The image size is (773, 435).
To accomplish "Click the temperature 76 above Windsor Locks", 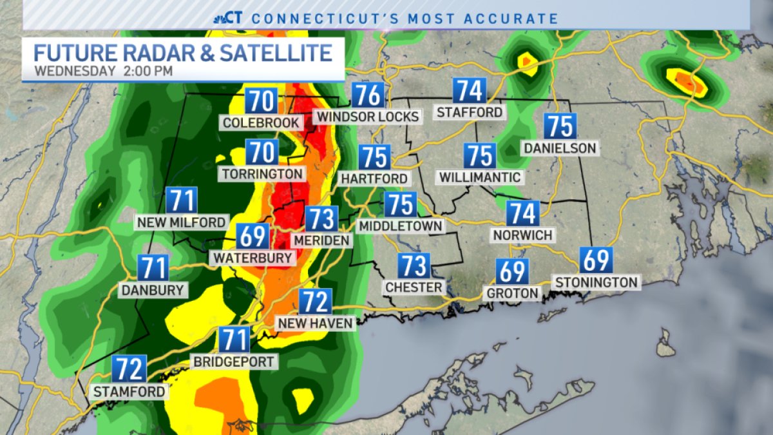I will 368,96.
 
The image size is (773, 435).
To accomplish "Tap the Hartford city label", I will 374,178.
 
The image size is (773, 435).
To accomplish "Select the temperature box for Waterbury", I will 253,237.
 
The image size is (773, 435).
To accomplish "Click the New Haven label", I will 315,322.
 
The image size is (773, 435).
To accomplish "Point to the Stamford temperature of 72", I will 128,369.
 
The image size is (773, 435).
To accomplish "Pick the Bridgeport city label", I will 234,362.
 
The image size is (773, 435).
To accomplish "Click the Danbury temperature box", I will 153,267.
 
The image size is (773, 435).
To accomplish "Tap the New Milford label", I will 181,222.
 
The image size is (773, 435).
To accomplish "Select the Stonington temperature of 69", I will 596,260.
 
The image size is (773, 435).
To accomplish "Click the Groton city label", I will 513,293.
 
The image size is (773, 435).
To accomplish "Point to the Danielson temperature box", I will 560,126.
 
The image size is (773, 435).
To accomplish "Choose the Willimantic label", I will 479,177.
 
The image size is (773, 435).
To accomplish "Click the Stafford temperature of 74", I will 469,91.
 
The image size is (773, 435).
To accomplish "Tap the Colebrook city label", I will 261,122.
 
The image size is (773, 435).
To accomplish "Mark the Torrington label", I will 262,174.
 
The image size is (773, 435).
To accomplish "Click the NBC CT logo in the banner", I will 229,18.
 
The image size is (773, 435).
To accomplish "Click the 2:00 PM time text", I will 148,71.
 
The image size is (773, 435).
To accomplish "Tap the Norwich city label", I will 522,235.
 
